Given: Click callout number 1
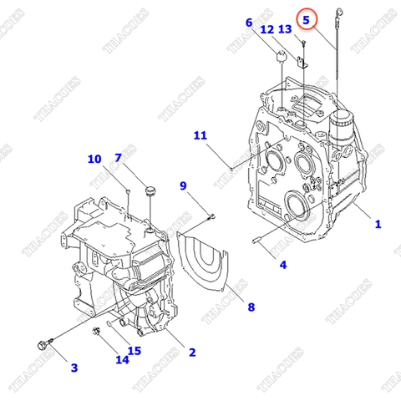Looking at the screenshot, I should pyautogui.click(x=377, y=224).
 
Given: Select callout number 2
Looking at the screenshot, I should pyautogui.click(x=191, y=353).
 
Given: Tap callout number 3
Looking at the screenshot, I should pyautogui.click(x=74, y=367).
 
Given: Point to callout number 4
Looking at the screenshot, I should pyautogui.click(x=282, y=265).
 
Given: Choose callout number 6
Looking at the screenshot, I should pyautogui.click(x=248, y=23).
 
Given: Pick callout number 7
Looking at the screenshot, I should pyautogui.click(x=118, y=158).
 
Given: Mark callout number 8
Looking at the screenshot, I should pyautogui.click(x=250, y=307).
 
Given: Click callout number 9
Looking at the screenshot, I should pyautogui.click(x=183, y=185).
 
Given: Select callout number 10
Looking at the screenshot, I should pyautogui.click(x=94, y=159).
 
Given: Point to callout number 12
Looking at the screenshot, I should pyautogui.click(x=266, y=30).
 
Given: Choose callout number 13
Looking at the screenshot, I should pyautogui.click(x=285, y=29).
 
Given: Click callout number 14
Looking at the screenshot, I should pyautogui.click(x=123, y=360).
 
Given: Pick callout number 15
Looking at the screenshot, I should pyautogui.click(x=135, y=350).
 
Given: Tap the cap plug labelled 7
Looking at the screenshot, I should pyautogui.click(x=151, y=192).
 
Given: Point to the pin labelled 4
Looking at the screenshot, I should pyautogui.click(x=257, y=242).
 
